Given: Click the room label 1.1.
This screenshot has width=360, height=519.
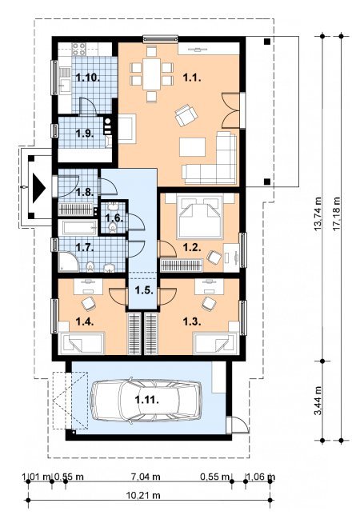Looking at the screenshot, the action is [x=192, y=78].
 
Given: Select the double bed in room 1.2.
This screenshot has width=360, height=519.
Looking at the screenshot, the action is [x=200, y=217].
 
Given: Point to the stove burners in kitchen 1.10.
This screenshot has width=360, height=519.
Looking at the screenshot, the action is [x=79, y=49].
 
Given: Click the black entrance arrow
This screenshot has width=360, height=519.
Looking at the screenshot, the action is [x=38, y=189].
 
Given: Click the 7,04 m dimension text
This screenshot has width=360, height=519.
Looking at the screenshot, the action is [x=146, y=477].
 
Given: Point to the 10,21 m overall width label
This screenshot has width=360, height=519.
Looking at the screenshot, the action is [x=143, y=495].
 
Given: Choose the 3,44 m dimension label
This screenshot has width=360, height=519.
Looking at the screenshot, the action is [x=318, y=401].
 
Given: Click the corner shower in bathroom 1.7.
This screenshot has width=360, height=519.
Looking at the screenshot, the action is [x=68, y=261].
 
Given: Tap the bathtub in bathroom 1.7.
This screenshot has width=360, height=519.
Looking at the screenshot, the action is [x=78, y=227].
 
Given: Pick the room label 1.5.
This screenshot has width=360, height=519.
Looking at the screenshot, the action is [x=144, y=290].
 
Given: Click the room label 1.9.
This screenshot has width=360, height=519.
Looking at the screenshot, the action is [x=85, y=134].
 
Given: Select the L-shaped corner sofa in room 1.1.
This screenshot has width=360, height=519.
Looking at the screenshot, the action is [x=210, y=158].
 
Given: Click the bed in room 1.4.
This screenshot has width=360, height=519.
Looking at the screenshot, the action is [x=82, y=343].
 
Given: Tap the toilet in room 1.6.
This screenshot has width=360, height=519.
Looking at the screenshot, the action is [x=113, y=227].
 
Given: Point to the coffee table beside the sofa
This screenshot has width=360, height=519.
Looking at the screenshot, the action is [x=193, y=147].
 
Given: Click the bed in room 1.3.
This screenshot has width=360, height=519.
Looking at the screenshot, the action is [x=216, y=343].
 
